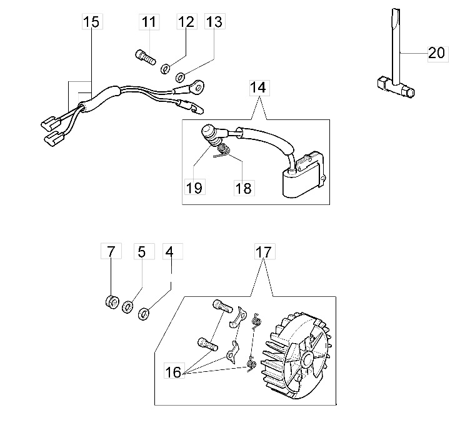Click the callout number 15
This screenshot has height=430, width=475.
[x=91, y=22]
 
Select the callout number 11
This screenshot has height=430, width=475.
[x=149, y=22]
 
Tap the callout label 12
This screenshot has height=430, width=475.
[x=186, y=22]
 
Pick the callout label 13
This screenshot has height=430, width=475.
[x=214, y=22]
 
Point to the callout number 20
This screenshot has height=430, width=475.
[x=437, y=52]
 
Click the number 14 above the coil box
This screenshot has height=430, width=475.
[x=258, y=87]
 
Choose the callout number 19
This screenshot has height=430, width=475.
[x=194, y=188]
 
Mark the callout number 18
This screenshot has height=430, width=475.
[x=244, y=189]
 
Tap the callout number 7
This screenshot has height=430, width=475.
[x=111, y=251]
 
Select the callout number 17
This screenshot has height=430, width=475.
[x=264, y=252]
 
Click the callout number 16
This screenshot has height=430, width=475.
[x=173, y=371]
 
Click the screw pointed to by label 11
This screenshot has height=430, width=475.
[x=145, y=57]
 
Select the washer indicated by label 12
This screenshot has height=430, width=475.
[x=166, y=69]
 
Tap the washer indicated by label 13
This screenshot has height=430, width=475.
[x=181, y=77]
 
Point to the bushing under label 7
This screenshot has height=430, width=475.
[x=112, y=302]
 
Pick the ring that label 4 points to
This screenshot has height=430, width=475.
[x=144, y=314]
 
